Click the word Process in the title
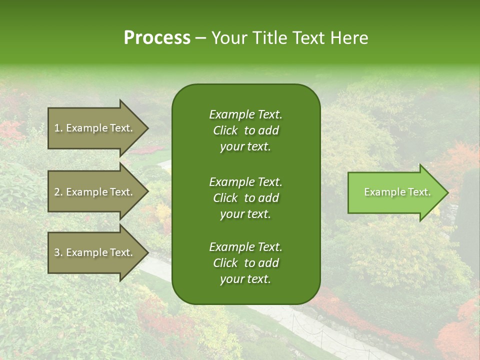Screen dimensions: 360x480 pos(157,37)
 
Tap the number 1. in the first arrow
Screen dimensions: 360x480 pos(58,128)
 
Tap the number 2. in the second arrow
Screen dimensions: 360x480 pos(58,192)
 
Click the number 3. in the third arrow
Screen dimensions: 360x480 pos(58,252)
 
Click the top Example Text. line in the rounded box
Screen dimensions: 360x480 pos(245,114)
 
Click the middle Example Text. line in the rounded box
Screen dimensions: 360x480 pos(245,181)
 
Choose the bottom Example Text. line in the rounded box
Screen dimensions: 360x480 pos(245,247)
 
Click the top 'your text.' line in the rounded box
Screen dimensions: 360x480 pos(245,147)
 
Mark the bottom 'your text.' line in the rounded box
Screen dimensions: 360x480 pos(245,279)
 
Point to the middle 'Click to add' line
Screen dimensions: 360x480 pos(245,198)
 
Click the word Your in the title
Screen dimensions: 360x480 pos(228,37)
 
